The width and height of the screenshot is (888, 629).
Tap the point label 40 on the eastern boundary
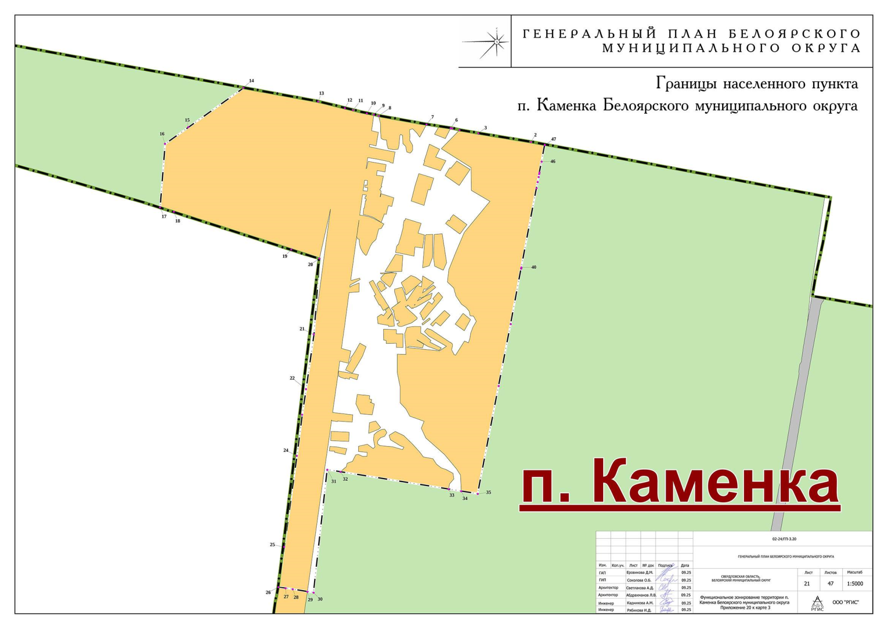point(534,267)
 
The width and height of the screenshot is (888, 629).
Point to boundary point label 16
point(162,134)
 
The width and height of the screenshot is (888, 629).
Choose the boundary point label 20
point(310,265)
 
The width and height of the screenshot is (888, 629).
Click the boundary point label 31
point(334,481)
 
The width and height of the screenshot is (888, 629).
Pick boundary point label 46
point(552,161)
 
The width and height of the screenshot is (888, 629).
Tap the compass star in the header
point(496,41)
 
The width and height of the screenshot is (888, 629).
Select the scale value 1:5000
point(854,584)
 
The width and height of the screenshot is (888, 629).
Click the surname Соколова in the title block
point(639,580)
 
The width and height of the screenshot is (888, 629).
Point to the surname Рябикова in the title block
point(639,610)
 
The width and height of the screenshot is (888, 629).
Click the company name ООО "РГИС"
point(845,603)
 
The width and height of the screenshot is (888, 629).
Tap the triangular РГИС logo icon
point(817,603)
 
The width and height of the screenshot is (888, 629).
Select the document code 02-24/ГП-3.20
point(784,539)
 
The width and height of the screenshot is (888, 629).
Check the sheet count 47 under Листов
point(830,584)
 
